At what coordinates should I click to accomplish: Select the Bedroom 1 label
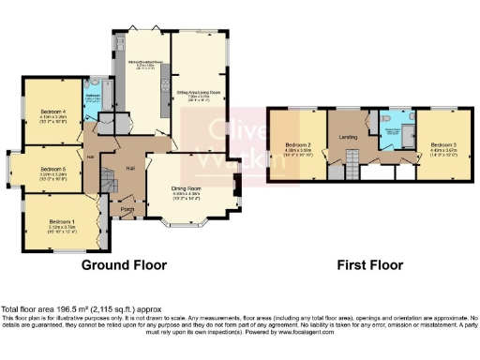coord(61,221)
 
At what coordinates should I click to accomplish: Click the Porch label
coord(124,207)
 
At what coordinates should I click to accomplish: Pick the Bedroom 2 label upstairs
coord(297,142)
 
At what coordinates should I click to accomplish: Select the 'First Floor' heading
coord(370,265)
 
